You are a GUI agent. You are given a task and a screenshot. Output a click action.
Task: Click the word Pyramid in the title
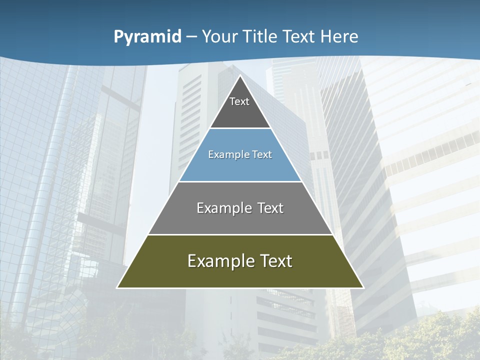coord(147,36)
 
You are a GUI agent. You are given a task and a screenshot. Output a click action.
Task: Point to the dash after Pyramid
coord(191,37)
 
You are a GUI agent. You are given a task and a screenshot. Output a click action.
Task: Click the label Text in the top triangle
coord(239,101)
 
